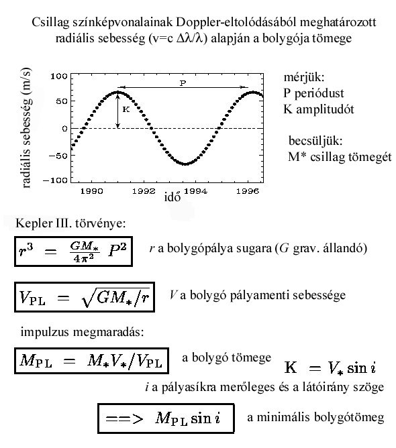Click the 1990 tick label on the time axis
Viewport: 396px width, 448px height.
point(91,191)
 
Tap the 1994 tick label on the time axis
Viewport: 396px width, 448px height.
point(195,191)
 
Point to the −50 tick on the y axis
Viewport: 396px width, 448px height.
point(58,156)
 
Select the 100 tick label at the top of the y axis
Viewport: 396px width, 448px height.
point(59,76)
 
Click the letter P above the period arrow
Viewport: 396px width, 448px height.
point(183,83)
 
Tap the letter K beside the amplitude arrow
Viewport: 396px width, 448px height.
point(126,109)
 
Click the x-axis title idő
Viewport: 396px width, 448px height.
point(172,197)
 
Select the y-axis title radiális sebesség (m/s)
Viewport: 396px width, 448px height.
point(26,128)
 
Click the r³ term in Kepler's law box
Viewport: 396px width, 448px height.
point(26,251)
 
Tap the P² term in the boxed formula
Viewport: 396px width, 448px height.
point(117,250)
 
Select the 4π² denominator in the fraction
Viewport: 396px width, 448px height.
point(83,258)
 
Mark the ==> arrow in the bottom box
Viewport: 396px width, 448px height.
point(124,419)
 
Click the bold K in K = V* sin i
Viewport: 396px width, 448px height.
point(291,367)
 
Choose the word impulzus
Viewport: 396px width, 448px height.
point(45,332)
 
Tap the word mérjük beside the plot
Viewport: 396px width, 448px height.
point(304,77)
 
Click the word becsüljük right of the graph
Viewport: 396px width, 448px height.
point(315,141)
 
